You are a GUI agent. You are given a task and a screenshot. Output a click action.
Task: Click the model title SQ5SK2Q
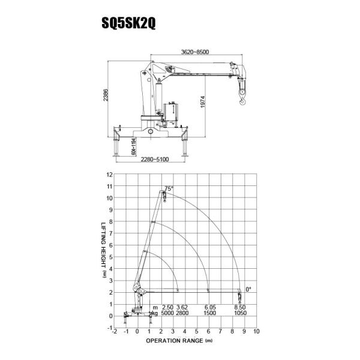128,23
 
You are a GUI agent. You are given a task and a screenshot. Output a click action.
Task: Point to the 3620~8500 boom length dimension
195,52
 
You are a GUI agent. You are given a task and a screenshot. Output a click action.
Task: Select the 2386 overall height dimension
106,95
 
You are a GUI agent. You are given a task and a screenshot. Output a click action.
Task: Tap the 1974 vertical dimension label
203,102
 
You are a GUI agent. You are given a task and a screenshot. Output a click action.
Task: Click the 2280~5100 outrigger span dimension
155,159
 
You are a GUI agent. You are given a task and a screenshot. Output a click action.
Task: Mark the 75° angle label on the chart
169,189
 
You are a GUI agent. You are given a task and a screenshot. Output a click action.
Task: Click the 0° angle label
248,289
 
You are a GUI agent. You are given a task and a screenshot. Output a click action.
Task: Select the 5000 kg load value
167,313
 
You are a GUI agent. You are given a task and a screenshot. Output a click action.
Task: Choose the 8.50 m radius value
240,307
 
